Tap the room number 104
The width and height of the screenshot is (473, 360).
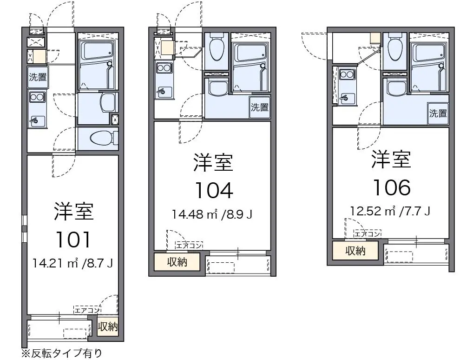(214, 190)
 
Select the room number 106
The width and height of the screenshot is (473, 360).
(392, 187)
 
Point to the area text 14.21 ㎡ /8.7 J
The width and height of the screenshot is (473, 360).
(72, 263)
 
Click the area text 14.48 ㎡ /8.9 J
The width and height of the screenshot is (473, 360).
(212, 214)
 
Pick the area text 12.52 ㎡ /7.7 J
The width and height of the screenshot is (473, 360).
(390, 211)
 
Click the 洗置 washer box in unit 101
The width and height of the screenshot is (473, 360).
(38, 77)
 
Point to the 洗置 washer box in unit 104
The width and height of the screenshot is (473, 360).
(260, 107)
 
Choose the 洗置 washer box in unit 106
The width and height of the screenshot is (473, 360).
(438, 113)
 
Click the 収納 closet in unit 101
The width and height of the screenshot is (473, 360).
(107, 326)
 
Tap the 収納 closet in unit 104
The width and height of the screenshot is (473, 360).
(177, 262)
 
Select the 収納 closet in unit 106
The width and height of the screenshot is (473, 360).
(355, 250)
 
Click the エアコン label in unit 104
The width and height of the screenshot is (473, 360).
(189, 245)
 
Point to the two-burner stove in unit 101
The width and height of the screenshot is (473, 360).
(37, 97)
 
